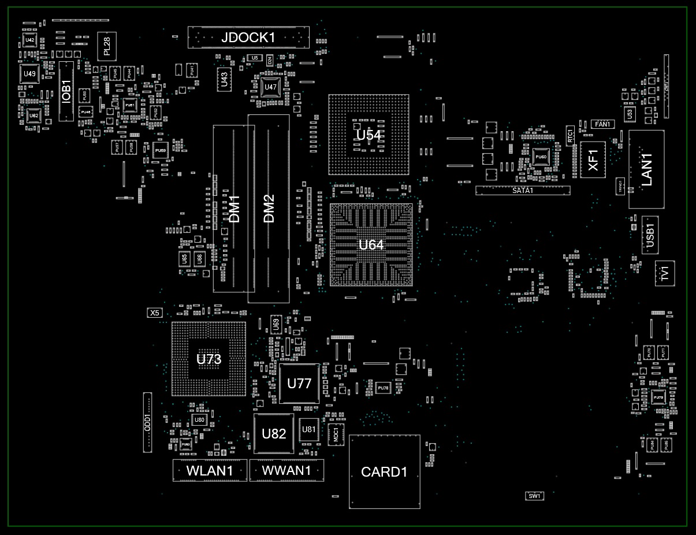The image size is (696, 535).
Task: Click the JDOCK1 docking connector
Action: point(248,38)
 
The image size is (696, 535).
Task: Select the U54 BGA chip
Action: point(369,135)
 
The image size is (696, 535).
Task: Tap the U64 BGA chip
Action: point(371,244)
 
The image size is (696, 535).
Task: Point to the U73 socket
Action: point(209,359)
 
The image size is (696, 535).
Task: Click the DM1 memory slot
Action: point(234,209)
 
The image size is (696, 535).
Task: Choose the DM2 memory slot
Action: point(269,209)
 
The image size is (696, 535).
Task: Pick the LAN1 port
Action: point(646,169)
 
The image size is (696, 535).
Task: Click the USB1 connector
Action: point(650,235)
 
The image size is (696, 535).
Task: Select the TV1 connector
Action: point(665,273)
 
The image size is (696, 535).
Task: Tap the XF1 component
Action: point(593,159)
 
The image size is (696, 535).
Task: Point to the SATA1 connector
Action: point(523,190)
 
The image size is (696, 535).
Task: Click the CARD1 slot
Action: point(384,472)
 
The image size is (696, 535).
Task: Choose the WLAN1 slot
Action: point(210,470)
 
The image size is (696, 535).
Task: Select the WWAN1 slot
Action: point(286,470)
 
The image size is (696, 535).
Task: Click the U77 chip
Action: point(299,384)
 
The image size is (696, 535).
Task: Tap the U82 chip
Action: point(274,433)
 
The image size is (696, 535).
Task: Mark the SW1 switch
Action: point(534,496)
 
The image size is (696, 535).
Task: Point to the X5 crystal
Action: point(154,313)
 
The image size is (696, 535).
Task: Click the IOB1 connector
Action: point(66,91)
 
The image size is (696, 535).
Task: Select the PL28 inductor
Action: point(107,46)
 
